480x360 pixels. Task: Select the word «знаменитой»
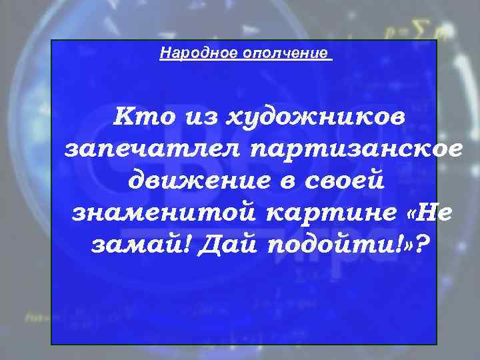[x=148, y=214]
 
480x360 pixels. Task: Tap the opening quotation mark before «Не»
[x=413, y=215]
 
